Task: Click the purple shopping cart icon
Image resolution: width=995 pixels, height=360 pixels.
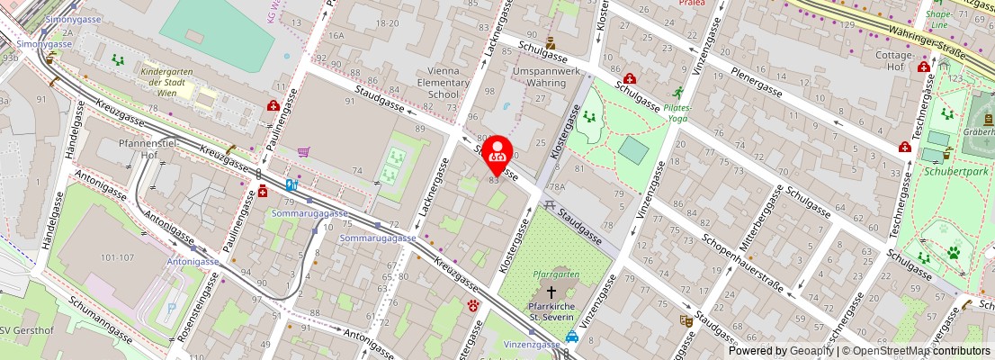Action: pos(304,151)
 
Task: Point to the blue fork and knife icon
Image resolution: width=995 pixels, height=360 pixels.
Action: pos(291,186)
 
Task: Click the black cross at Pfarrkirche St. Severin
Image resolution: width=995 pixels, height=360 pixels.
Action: pos(551,293)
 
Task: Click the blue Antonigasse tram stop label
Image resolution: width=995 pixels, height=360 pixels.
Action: pos(192,261)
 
